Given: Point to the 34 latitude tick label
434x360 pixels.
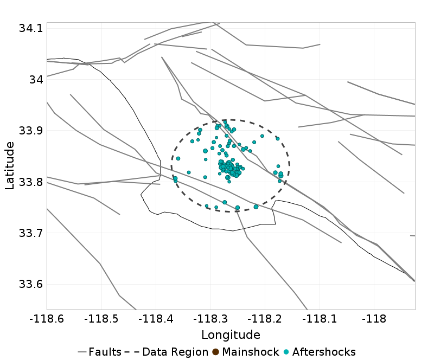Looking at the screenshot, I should tap(35, 80).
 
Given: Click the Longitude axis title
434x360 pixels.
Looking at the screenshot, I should tap(231, 335).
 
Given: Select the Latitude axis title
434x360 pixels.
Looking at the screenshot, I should tap(10, 165).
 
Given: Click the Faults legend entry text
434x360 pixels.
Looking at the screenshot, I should tap(105, 352).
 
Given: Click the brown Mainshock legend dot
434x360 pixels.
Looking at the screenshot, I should tap(215, 352).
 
